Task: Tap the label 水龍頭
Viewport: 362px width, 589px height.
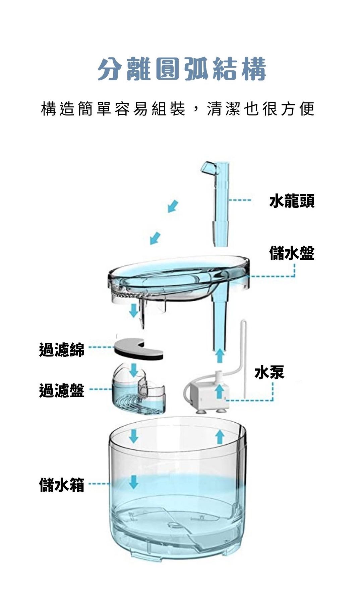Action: pyautogui.click(x=292, y=201)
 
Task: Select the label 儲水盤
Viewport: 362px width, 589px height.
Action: pyautogui.click(x=292, y=253)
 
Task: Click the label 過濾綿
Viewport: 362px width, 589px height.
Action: pyautogui.click(x=62, y=350)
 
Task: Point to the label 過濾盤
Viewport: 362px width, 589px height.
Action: pyautogui.click(x=62, y=390)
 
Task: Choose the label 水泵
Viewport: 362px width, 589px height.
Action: pyautogui.click(x=269, y=372)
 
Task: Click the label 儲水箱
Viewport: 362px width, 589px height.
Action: pyautogui.click(x=62, y=485)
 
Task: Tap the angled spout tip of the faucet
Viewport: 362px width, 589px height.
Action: pyautogui.click(x=207, y=167)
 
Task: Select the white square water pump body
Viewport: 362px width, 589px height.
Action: pyautogui.click(x=206, y=395)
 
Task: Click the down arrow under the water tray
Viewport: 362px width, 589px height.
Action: pyautogui.click(x=133, y=310)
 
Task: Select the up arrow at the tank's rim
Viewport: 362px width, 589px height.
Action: pyautogui.click(x=220, y=437)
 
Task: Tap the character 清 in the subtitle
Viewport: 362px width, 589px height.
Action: pyautogui.click(x=215, y=109)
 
